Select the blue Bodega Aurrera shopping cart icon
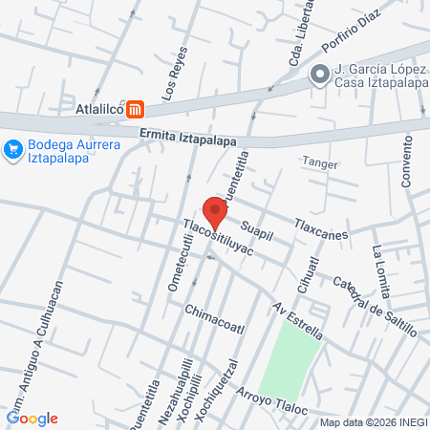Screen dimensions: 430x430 [x=12, y=149]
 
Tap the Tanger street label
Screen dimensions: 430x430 [x=320, y=163]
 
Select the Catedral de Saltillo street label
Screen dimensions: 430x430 [x=375, y=305]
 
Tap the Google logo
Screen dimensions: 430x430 [x=32, y=418]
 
